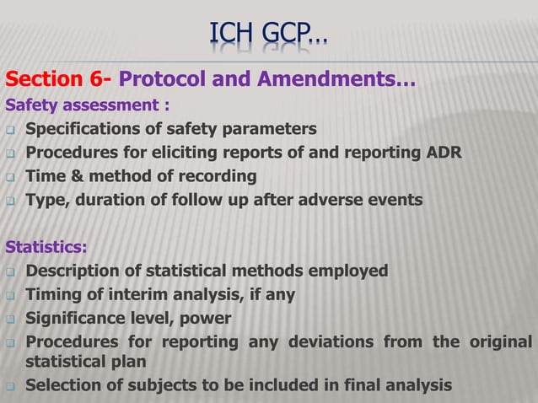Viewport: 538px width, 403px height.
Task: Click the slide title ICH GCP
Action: tap(269, 36)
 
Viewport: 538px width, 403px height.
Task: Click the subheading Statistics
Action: tap(46, 248)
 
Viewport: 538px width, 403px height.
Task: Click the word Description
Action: tap(76, 271)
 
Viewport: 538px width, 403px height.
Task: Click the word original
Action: tap(500, 342)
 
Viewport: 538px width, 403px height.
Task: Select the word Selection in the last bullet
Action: tap(62, 386)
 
